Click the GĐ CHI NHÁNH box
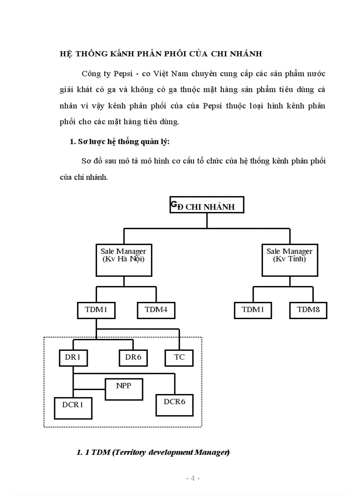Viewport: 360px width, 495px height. (206, 205)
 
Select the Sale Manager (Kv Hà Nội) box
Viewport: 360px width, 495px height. (124, 255)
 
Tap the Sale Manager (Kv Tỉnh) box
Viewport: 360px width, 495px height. (289, 255)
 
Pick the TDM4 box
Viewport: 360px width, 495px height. (156, 310)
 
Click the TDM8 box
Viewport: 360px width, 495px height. (308, 310)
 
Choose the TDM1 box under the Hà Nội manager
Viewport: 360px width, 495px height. (96, 310)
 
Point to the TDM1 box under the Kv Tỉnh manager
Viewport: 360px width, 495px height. (253, 310)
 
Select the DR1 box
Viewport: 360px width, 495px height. (72, 357)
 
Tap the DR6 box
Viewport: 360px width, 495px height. (133, 357)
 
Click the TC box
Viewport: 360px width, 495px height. (179, 357)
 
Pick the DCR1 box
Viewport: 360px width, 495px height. (73, 407)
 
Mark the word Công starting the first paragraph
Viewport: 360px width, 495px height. (91, 73)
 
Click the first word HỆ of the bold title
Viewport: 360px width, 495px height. (65, 54)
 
